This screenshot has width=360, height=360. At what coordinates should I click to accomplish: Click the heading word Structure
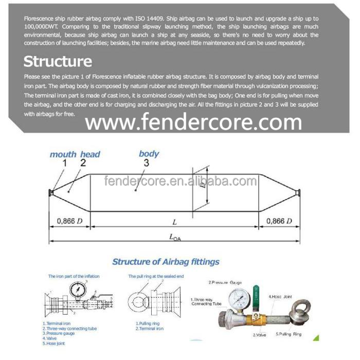coord(58,62)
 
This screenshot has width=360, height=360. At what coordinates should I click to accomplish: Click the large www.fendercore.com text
coord(193,122)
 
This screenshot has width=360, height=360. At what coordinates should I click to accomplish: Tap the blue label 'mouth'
coord(63,154)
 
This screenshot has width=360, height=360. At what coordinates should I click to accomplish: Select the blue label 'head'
coord(90,154)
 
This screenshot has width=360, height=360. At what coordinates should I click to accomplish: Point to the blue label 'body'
coord(149,154)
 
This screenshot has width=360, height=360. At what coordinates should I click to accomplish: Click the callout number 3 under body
coord(146,164)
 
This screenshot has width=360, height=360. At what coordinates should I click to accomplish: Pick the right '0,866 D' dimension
coord(278,221)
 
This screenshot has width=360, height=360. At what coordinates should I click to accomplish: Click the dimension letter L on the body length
coord(174,222)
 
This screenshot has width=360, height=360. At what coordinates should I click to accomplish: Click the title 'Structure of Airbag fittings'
coord(166,262)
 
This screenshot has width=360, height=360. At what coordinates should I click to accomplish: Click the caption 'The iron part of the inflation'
coord(74,276)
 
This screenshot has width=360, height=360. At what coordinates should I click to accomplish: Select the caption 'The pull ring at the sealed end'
coord(155,276)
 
